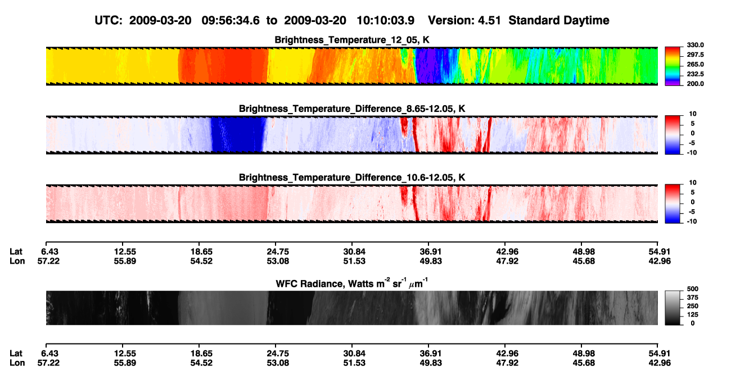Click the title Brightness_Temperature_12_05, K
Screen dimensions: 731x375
pyautogui.click(x=352, y=40)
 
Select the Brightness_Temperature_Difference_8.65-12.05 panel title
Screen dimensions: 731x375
pyautogui.click(x=352, y=109)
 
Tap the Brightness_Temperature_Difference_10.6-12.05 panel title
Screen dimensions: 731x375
pyautogui.click(x=352, y=178)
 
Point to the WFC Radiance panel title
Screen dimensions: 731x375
pyautogui.click(x=352, y=283)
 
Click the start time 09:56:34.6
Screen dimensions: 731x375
pyautogui.click(x=231, y=20)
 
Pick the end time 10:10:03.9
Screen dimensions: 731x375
pyautogui.click(x=385, y=20)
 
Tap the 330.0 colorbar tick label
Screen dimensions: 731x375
pyautogui.click(x=695, y=45)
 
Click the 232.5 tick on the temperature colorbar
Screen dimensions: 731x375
pyautogui.click(x=695, y=74)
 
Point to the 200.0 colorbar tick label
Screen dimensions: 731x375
pyautogui.click(x=695, y=84)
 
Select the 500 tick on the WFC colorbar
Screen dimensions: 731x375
pyautogui.click(x=693, y=289)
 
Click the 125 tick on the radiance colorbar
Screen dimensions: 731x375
pyautogui.click(x=693, y=315)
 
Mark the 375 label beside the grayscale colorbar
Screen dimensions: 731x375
pyautogui.click(x=693, y=297)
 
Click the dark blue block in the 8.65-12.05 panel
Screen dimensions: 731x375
pyautogui.click(x=237, y=134)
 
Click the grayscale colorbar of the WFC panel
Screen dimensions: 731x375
pyautogui.click(x=673, y=308)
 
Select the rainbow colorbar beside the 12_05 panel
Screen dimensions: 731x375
pyautogui.click(x=673, y=66)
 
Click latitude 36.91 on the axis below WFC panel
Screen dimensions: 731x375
pyautogui.click(x=430, y=353)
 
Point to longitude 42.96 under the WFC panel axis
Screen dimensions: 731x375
pyautogui.click(x=660, y=363)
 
